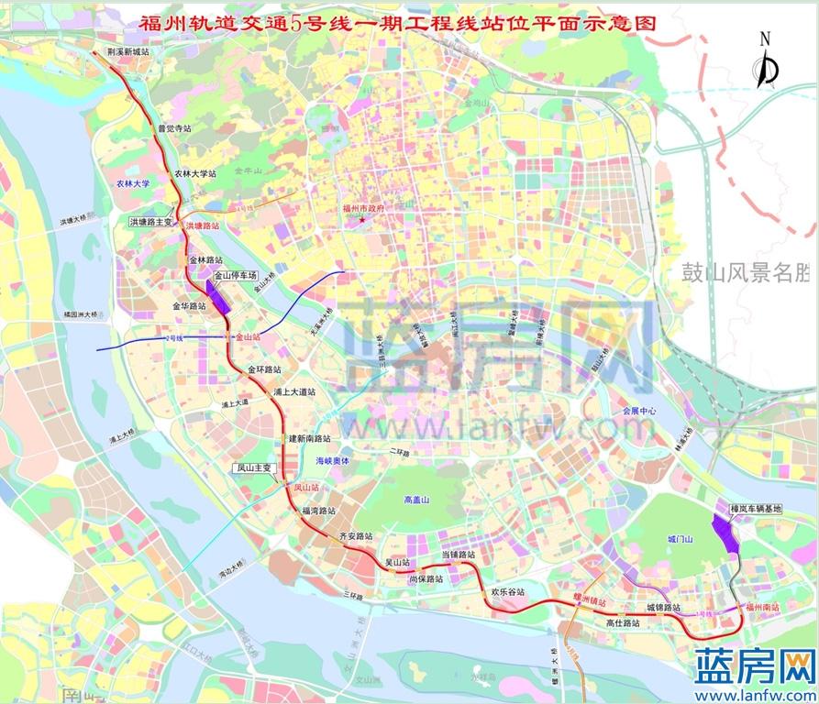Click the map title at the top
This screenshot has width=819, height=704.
[398, 25]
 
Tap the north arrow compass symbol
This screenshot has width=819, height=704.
[767, 64]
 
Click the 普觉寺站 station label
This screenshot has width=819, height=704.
[174, 129]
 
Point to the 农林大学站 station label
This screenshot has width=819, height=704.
[196, 173]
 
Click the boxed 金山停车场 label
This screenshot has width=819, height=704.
[236, 275]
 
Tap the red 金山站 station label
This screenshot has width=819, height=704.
[248, 337]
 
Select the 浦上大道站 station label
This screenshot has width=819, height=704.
[294, 391]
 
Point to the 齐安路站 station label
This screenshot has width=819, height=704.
[359, 535]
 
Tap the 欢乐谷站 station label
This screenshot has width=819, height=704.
[507, 592]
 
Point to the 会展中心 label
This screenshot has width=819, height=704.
[638, 411]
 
